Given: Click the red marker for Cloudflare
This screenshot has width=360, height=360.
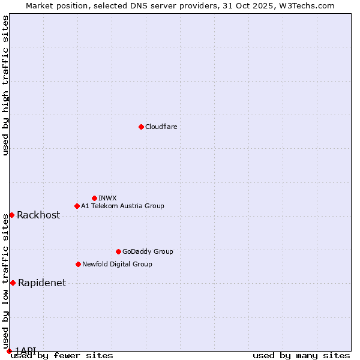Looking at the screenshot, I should tap(141, 127).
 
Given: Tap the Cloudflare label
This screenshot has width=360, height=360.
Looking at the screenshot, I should tap(161, 127).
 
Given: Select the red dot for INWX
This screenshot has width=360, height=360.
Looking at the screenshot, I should tap(94, 198).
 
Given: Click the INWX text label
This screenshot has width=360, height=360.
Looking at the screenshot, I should tap(107, 199).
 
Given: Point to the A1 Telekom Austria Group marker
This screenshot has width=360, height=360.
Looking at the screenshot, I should tap(77, 206).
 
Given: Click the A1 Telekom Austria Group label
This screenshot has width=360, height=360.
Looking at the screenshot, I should tap(122, 206).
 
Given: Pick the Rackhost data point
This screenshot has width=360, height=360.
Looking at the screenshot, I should tap(11, 215).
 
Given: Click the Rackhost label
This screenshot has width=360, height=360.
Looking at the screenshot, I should tap(38, 215).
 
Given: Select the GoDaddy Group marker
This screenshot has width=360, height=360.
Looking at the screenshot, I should tap(118, 251).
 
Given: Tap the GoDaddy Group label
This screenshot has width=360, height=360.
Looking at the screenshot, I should tap(148, 252).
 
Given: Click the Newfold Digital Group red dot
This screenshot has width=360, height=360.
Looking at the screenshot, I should tap(78, 264).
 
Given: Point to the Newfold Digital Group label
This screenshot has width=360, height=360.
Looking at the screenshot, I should tap(117, 265).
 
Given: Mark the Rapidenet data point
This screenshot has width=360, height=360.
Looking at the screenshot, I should tap(13, 283).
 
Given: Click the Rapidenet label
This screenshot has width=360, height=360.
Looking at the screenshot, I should tap(42, 283).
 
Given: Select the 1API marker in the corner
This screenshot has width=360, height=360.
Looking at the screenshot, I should tap(9, 351).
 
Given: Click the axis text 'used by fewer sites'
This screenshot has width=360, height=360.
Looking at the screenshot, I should tap(62, 356).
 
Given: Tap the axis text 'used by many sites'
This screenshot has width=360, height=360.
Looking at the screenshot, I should tap(301, 356).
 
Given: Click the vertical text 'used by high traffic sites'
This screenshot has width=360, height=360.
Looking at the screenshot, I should tap(5, 85).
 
